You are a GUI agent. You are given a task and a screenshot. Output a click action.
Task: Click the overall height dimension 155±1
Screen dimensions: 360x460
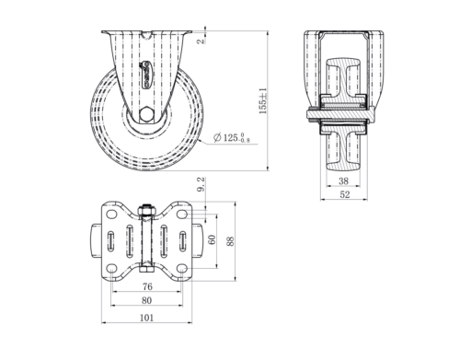[263, 98]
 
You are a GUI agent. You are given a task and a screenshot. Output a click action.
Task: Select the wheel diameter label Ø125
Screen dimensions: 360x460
[231, 138]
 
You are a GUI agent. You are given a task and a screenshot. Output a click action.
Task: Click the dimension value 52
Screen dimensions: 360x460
[344, 196]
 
